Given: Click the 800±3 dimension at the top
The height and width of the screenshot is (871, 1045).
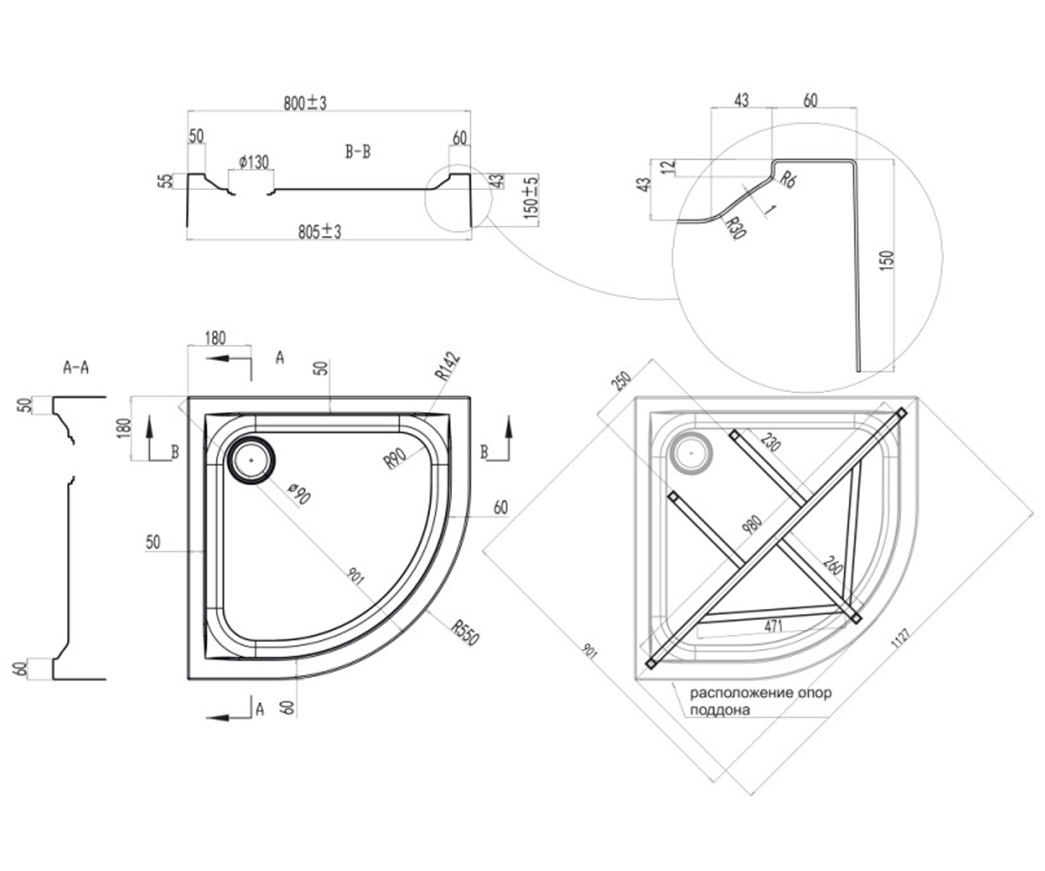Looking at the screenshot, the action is (305, 103).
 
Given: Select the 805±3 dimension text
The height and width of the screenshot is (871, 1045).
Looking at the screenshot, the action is (320, 232).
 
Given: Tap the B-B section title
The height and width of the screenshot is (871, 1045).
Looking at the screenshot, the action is (358, 152).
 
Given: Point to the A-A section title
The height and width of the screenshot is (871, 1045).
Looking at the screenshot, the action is (76, 368).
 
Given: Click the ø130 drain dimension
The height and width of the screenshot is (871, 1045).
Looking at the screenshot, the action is (253, 162).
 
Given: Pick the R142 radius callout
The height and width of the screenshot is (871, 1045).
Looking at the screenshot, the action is (447, 367).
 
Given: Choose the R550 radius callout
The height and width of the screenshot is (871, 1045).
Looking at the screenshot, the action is (465, 632).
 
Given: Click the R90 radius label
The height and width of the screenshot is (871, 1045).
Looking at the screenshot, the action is (395, 460).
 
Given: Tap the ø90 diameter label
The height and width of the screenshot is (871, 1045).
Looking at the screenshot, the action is (300, 494).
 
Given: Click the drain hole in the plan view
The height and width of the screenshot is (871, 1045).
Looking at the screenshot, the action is (251, 460).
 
